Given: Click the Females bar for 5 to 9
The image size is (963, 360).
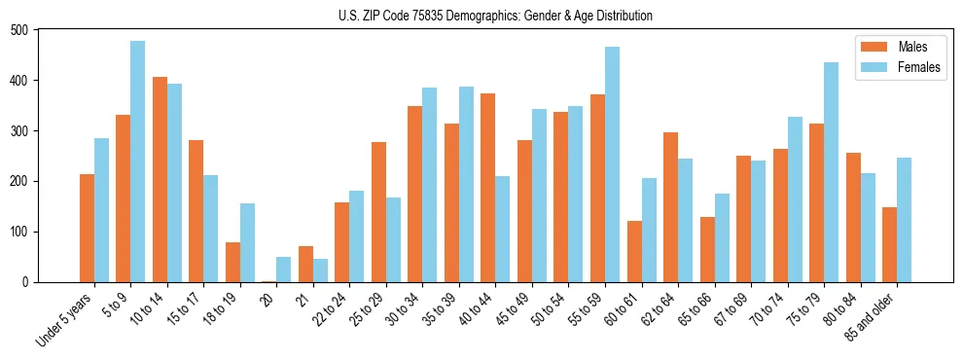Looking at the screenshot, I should tap(138, 162).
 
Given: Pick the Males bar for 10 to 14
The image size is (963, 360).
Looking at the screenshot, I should tap(160, 179).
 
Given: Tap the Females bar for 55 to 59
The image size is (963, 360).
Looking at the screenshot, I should tap(612, 164).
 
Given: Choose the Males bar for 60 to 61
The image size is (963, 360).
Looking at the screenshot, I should tap(634, 251).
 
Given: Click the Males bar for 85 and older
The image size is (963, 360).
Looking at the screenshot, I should tap(889, 244).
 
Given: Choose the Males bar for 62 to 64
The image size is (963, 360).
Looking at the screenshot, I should tap(670, 207).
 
